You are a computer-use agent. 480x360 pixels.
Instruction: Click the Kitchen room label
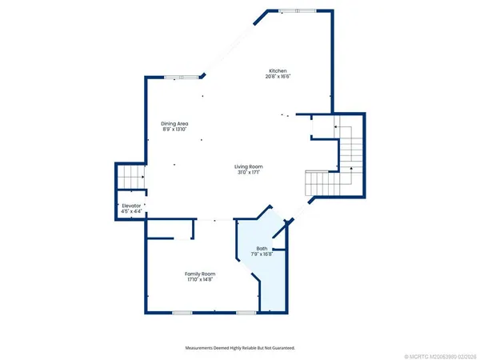point(277,70)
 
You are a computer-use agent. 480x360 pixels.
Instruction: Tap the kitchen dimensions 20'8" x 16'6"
point(277,77)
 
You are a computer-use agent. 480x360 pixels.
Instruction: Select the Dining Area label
point(175,123)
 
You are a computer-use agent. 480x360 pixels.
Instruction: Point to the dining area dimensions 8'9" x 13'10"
point(175,130)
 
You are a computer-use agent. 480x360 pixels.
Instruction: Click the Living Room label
point(250,166)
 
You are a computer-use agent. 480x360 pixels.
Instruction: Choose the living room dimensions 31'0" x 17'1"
point(250,173)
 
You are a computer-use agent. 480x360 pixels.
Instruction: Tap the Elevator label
point(131,205)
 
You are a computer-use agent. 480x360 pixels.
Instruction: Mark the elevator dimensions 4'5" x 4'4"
point(131,211)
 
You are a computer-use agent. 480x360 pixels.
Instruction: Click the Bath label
point(262,249)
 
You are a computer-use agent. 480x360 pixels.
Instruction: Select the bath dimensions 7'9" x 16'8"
point(262,255)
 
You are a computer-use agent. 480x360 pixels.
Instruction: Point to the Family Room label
point(200,274)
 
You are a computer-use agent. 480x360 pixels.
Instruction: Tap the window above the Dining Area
point(181,77)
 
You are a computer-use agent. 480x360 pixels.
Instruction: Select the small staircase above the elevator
point(130,177)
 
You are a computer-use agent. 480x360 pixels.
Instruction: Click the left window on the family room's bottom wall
point(182,311)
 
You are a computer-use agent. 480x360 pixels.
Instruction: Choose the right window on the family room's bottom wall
point(246,311)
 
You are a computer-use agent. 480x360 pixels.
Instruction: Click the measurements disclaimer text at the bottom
point(240,348)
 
